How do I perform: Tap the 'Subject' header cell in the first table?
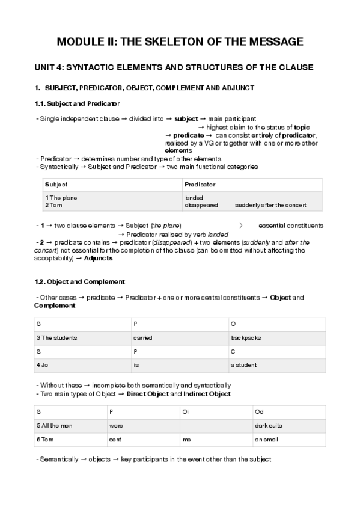tap(56, 185)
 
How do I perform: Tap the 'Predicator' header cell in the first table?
tap(200, 185)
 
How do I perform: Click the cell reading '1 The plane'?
tap(61, 198)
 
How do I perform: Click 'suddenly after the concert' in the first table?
tap(270, 205)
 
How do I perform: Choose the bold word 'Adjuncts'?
tap(98, 259)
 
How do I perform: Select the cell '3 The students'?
tap(56, 338)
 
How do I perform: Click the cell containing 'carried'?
tap(143, 338)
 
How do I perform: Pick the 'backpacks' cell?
tap(245, 338)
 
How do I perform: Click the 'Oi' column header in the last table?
tap(186, 412)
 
